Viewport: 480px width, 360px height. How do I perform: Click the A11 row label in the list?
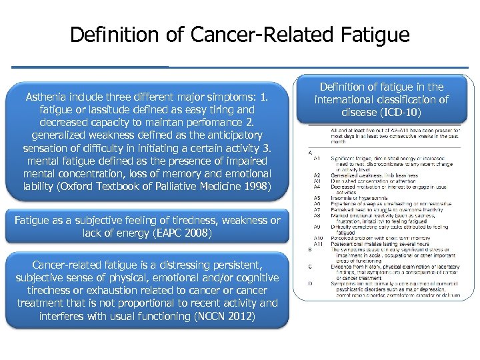click(x=317, y=244)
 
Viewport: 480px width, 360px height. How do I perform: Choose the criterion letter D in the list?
click(x=310, y=283)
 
